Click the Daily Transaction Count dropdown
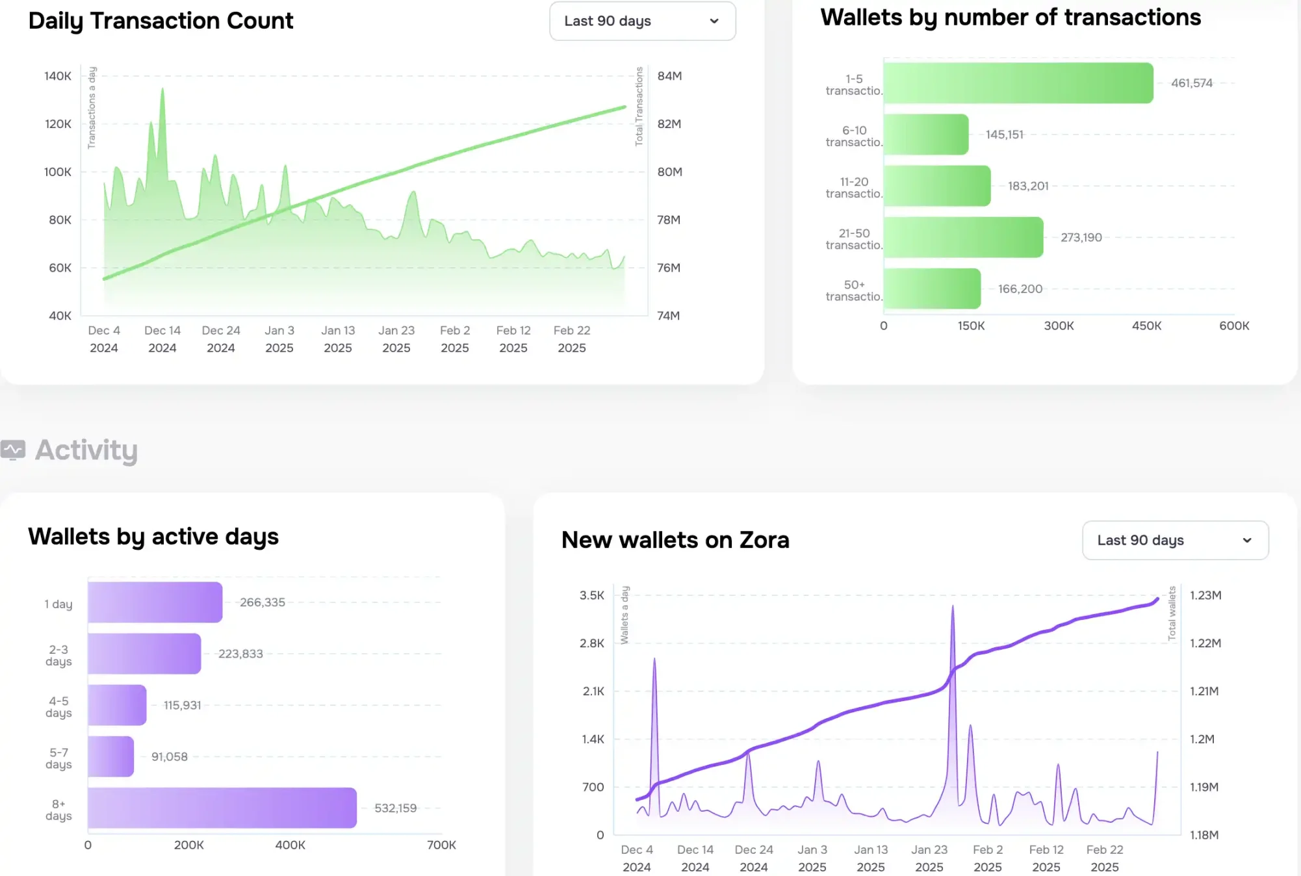[642, 21]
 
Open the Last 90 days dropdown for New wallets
[1175, 540]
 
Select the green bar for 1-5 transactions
[1018, 83]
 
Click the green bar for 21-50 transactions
[963, 237]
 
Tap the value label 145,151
[1004, 135]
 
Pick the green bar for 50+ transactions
[932, 289]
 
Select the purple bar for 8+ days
[222, 808]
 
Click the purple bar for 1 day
[155, 602]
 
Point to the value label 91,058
[169, 756]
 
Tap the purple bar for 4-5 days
[117, 705]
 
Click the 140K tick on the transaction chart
[58, 76]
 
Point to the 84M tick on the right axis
[669, 76]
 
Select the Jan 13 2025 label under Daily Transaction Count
[338, 339]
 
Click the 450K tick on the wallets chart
[1146, 326]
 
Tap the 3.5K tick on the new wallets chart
[591, 595]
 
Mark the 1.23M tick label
[1205, 595]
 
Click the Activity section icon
[13, 450]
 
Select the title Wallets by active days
[153, 537]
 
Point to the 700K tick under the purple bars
[441, 845]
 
